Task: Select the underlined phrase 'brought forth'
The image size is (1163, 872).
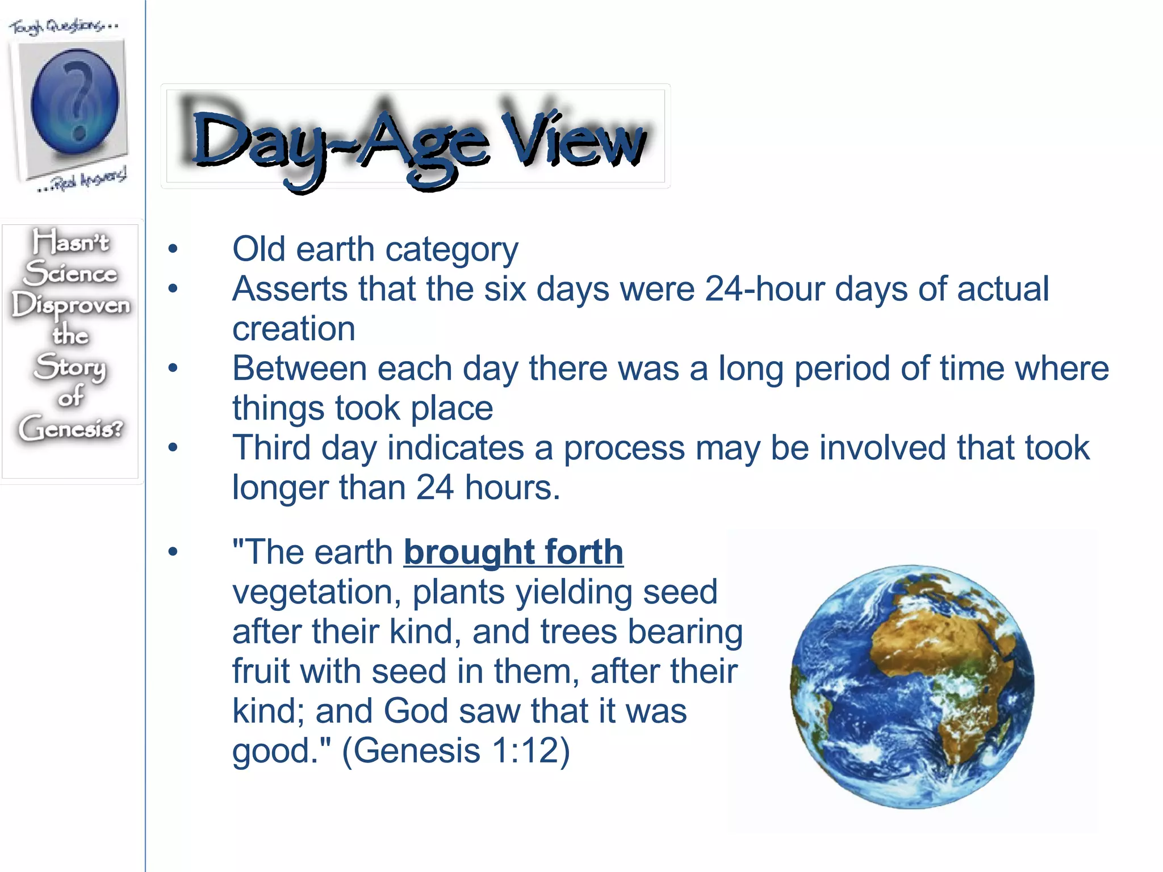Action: point(513,552)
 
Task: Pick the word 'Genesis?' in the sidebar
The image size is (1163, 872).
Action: point(70,428)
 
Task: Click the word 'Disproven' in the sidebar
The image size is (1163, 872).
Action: point(71,305)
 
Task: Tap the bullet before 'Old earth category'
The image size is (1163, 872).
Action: point(173,249)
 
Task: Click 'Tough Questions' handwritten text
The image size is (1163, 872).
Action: point(62,26)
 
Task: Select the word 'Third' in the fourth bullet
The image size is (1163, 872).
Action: point(271,448)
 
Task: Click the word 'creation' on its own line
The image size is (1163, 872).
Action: point(294,329)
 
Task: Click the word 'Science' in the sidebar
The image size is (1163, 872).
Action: point(71,274)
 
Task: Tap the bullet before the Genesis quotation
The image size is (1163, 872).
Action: point(173,552)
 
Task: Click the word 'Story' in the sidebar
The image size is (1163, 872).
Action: point(70,367)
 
